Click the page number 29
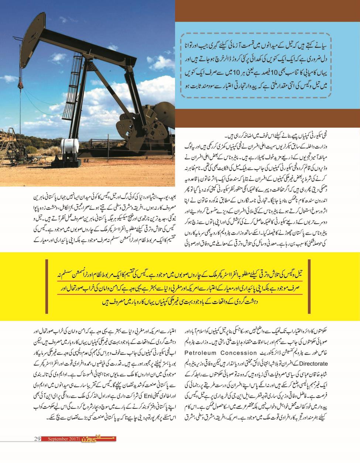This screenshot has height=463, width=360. (37, 439)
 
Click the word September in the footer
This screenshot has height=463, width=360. (57, 439)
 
